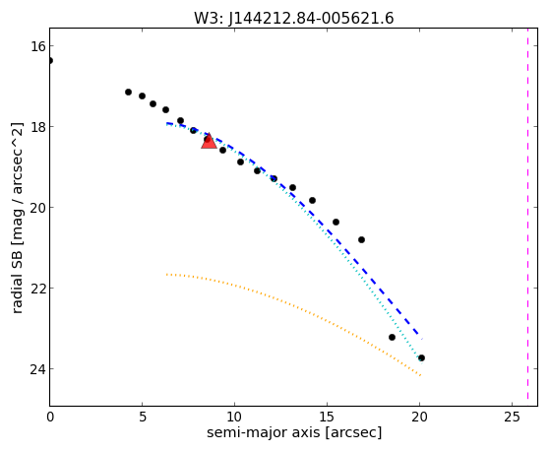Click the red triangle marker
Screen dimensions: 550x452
pyautogui.click(x=209, y=141)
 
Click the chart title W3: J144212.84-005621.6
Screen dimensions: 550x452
pyautogui.click(x=294, y=18)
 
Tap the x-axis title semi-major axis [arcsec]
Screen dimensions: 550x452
pyautogui.click(x=294, y=432)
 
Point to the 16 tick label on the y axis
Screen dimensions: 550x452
pyautogui.click(x=37, y=46)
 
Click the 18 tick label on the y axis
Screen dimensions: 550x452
pyautogui.click(x=37, y=127)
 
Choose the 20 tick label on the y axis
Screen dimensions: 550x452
pyautogui.click(x=37, y=208)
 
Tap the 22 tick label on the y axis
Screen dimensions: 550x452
pyautogui.click(x=37, y=289)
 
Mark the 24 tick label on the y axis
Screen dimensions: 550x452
pyautogui.click(x=37, y=369)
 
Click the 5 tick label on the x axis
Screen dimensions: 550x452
pyautogui.click(x=142, y=417)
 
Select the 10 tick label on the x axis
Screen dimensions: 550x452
pyautogui.click(x=234, y=417)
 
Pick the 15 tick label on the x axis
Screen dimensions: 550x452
pyautogui.click(x=327, y=417)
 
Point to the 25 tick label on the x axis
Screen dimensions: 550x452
pyautogui.click(x=512, y=417)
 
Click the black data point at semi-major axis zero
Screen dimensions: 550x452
pyautogui.click(x=50, y=61)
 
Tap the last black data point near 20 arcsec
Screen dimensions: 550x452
pyautogui.click(x=422, y=357)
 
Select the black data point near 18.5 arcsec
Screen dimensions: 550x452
pyautogui.click(x=393, y=337)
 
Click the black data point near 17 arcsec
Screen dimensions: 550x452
pyautogui.click(x=362, y=240)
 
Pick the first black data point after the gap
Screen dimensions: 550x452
pyautogui.click(x=128, y=92)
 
